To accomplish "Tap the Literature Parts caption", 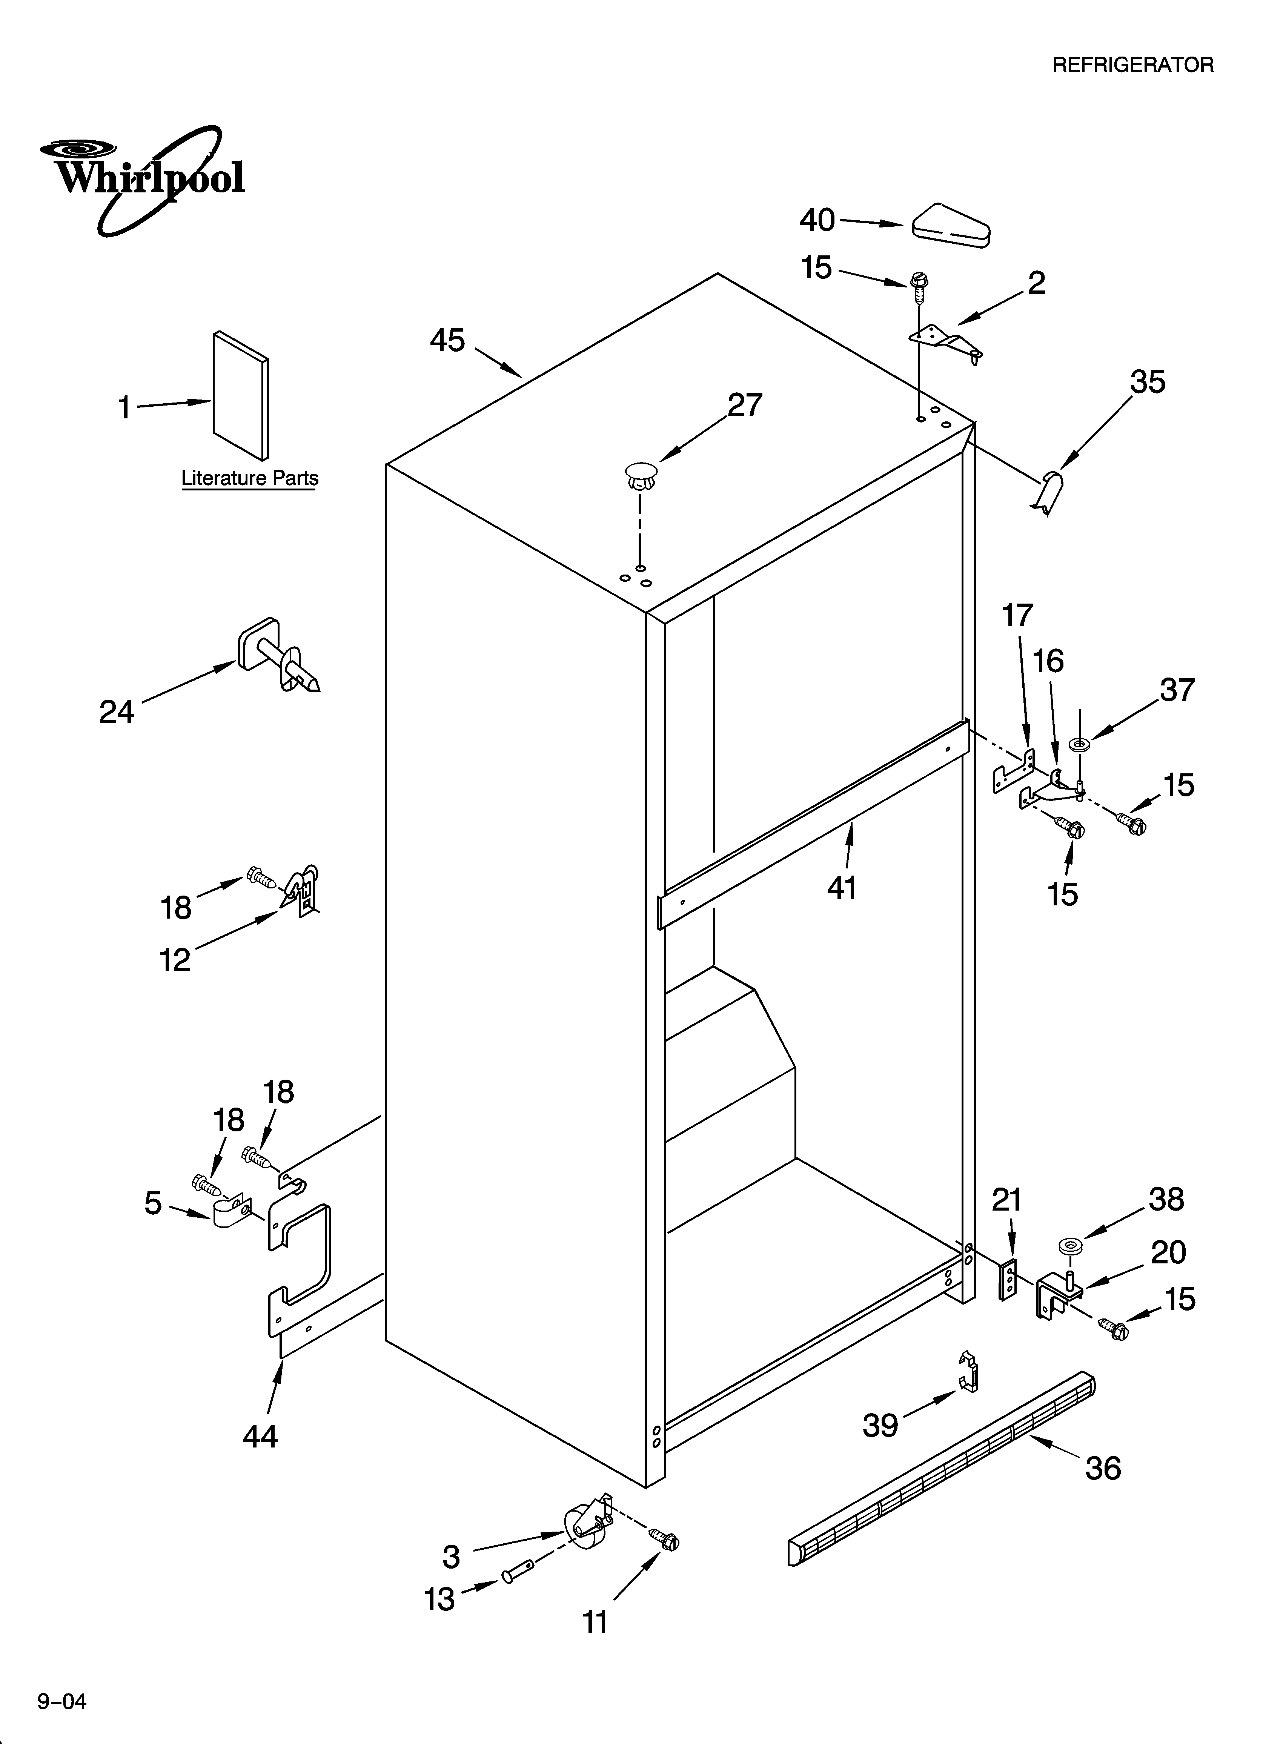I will point(249,478).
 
